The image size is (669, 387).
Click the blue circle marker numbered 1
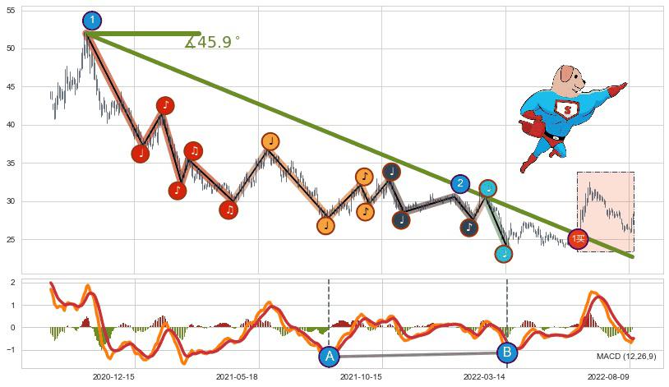[x=92, y=21]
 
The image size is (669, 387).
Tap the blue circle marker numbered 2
[x=460, y=184]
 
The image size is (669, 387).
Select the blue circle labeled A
[x=329, y=357]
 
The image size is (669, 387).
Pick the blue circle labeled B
[x=507, y=352]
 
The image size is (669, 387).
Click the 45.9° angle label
[x=213, y=43]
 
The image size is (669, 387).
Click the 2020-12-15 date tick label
[x=113, y=376]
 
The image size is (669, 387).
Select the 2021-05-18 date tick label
[x=237, y=376]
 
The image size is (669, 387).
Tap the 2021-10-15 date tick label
[x=361, y=376]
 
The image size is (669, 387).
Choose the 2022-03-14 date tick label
[x=484, y=376]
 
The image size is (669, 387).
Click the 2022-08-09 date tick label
[x=609, y=376]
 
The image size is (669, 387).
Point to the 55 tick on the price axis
[x=11, y=11]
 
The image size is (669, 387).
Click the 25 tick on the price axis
[x=11, y=239]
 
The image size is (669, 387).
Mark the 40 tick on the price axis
[x=11, y=125]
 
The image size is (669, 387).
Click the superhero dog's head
[x=568, y=81]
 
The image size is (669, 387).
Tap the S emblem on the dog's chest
[x=566, y=108]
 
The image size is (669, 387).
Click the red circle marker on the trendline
[x=579, y=239]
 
